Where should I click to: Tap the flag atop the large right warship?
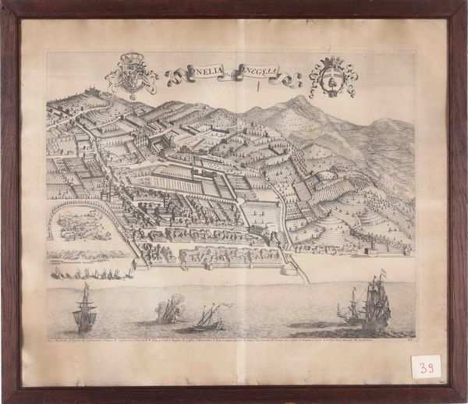(382, 273)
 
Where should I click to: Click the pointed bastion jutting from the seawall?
(292, 269)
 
